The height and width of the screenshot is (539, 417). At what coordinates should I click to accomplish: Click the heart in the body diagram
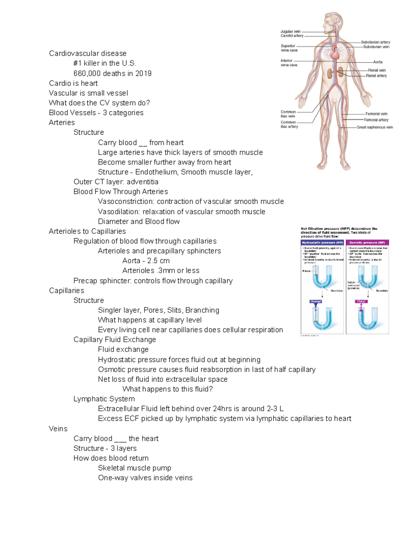coord(335,54)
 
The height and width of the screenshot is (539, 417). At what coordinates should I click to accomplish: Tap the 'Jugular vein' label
coord(291,32)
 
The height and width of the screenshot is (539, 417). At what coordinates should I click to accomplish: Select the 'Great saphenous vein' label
coord(375,127)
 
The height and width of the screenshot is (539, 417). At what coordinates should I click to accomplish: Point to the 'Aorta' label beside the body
coord(378,62)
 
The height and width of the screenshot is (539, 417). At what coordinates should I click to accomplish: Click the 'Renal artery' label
coord(376,76)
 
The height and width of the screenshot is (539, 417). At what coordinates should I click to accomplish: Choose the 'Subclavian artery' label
coord(375,42)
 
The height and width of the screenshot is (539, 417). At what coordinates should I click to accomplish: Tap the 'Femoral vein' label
coord(376,114)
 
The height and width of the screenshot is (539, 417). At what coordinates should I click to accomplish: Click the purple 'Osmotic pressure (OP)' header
coord(367,243)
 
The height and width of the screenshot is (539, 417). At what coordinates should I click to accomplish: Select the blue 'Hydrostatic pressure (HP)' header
coord(322,243)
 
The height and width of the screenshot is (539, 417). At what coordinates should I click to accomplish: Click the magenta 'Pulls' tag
coord(361,301)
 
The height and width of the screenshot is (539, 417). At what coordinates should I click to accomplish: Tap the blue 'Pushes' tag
coord(316,301)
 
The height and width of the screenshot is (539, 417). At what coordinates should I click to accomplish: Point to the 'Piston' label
coord(306,271)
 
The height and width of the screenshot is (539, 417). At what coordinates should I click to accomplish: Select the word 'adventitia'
coord(142,182)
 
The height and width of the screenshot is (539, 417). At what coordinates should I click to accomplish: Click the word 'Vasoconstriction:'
coord(126,202)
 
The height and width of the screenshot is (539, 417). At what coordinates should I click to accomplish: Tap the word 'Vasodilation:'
coord(120,212)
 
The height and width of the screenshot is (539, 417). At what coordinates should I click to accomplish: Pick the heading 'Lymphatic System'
coord(104,399)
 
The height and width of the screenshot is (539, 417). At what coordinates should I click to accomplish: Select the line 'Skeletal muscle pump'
coord(134,468)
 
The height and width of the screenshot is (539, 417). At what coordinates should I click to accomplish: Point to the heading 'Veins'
coord(58,429)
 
